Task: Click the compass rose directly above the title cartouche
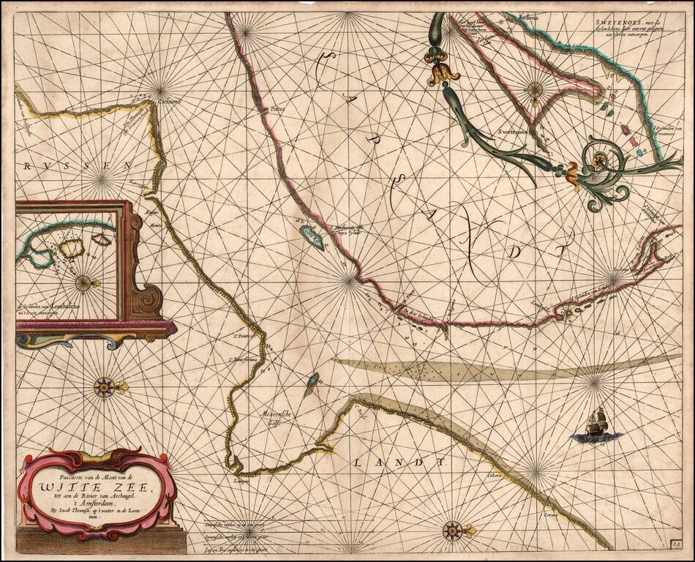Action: (105, 386)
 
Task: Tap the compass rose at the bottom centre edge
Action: (454, 530)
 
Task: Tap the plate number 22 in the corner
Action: (677, 543)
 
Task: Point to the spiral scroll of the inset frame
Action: (152, 300)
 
